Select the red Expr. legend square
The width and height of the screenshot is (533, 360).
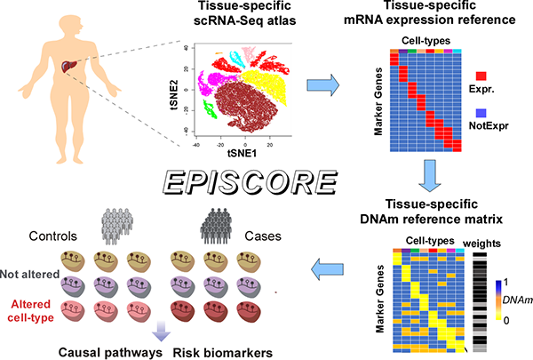[x=481, y=87]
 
